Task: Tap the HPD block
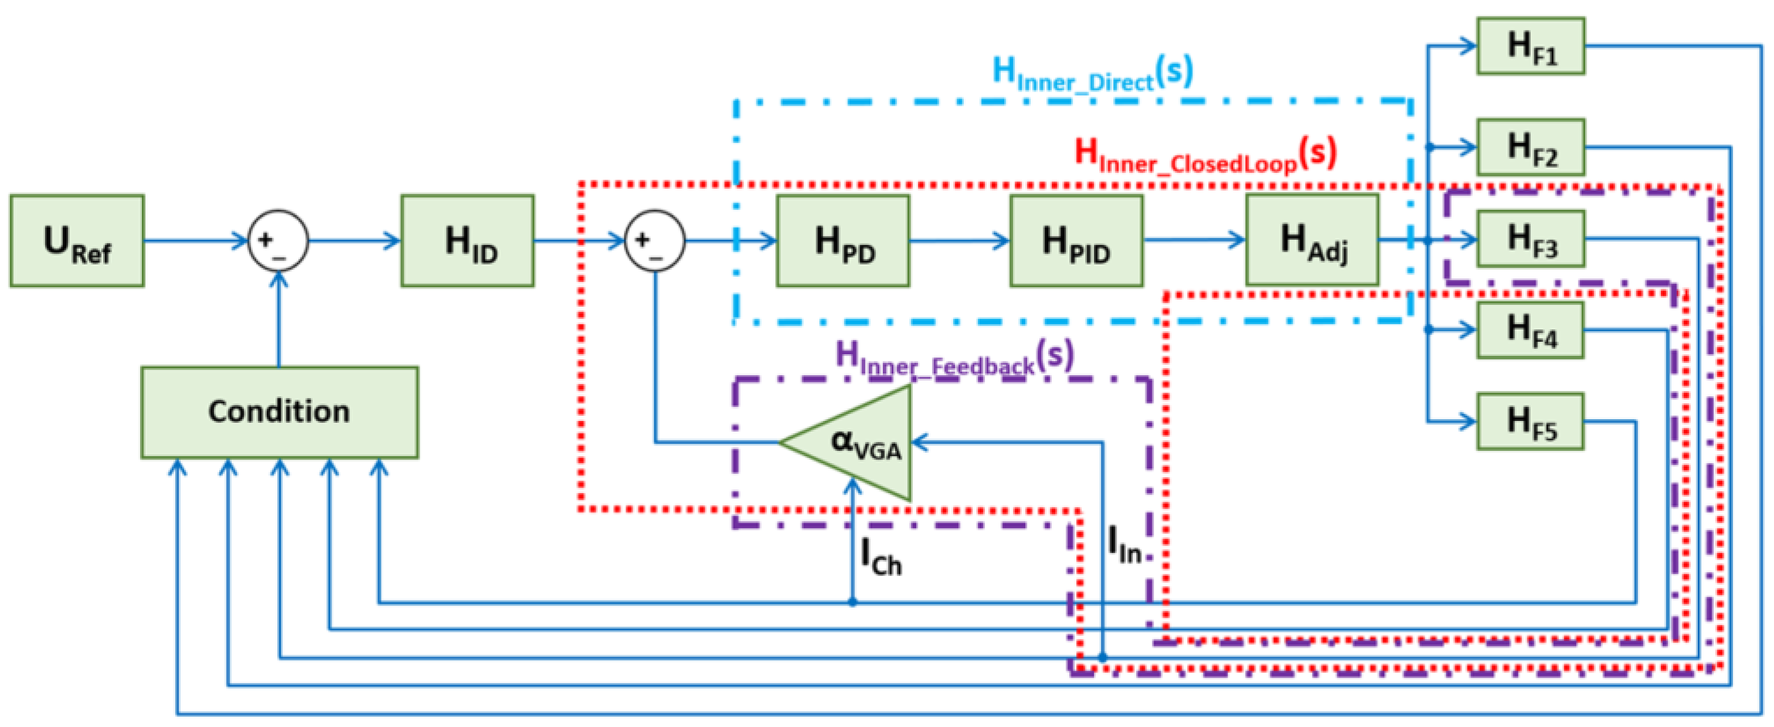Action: click(x=843, y=241)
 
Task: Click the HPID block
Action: click(x=1076, y=241)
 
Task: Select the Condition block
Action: click(x=280, y=412)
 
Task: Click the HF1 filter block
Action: click(x=1530, y=46)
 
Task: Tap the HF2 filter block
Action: click(x=1530, y=147)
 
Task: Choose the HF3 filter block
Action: click(x=1530, y=239)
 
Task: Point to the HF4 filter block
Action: click(x=1530, y=331)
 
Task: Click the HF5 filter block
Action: click(x=1530, y=422)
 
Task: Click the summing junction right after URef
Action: click(x=278, y=241)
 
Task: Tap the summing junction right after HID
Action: click(x=654, y=241)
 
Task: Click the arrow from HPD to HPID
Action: click(x=959, y=241)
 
